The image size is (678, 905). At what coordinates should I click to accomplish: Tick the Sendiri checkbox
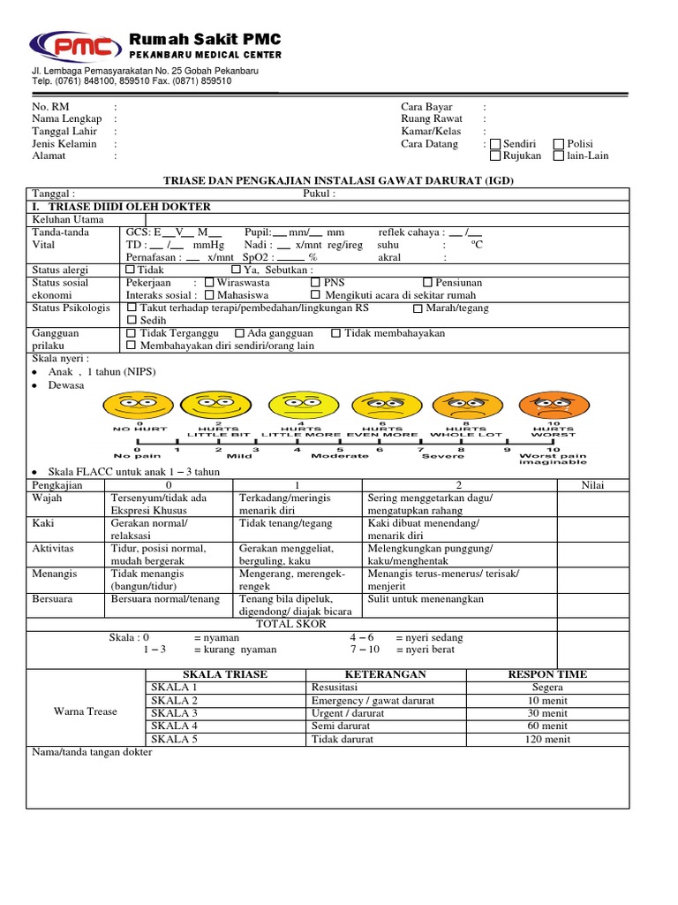[495, 144]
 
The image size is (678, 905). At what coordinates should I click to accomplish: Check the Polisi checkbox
[559, 144]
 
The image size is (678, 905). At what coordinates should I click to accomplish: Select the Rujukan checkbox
[495, 156]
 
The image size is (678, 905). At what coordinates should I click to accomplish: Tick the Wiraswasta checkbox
[209, 283]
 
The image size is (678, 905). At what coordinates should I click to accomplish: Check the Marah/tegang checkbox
[418, 308]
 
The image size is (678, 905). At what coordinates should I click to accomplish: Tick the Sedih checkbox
[132, 321]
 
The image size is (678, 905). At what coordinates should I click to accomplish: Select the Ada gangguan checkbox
[240, 333]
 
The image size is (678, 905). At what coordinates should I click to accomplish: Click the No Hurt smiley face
[139, 406]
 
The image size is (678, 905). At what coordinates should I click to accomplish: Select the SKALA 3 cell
[175, 712]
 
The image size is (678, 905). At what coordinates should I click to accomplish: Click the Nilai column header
[592, 485]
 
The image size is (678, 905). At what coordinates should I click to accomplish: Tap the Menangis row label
[55, 574]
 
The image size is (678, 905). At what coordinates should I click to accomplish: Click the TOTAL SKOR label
[290, 623]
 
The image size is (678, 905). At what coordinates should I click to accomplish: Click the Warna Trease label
[86, 711]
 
